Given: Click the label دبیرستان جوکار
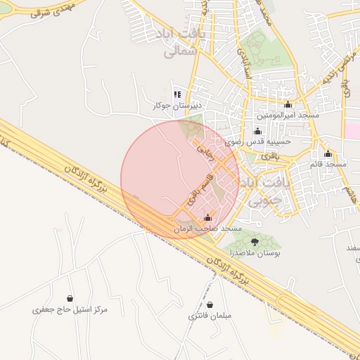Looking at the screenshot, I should (177, 105).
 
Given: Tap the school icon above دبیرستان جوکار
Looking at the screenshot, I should (177, 94).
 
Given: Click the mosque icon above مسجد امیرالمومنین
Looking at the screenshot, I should (287, 104).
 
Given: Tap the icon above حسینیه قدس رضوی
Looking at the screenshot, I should (257, 131).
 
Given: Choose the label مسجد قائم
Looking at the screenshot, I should (328, 164).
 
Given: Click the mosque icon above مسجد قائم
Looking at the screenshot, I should (328, 154).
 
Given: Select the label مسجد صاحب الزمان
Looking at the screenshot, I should (207, 229).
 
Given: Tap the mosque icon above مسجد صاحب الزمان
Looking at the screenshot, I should (207, 218).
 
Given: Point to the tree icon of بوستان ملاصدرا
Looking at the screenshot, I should (255, 242).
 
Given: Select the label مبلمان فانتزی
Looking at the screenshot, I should (210, 316).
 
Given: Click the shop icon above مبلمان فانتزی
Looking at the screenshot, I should (210, 304).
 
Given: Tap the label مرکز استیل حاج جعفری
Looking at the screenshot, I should (70, 309).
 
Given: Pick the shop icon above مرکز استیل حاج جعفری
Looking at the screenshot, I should (70, 299).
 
